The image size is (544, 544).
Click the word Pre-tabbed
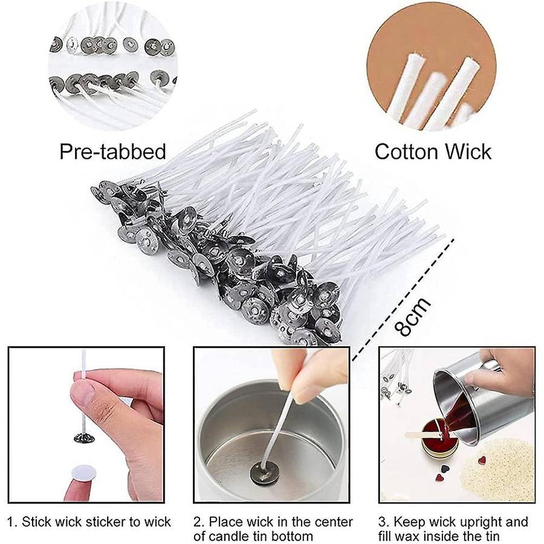[x=113, y=152]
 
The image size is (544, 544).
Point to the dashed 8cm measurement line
[x=403, y=299]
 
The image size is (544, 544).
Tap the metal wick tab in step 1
[x=84, y=438]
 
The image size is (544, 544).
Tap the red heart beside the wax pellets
[x=482, y=461]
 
